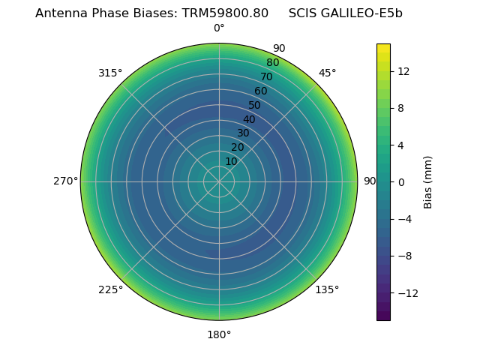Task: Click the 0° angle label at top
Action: coord(219,28)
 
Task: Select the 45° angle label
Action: coord(327,73)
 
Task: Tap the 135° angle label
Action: coord(327,289)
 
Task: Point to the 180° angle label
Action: coord(219,334)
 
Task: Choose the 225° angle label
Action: coord(110,289)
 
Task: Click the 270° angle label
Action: coord(65,181)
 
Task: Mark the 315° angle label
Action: coord(110,73)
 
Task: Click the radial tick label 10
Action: coord(231,161)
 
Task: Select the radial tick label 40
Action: coord(249,119)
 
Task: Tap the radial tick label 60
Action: coord(261,91)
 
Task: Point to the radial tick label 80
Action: coord(272,63)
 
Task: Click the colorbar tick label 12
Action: coord(403,71)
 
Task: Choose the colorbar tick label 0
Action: coord(401,181)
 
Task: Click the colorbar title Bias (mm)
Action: coord(428,181)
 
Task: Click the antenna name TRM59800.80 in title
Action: coord(225,13)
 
